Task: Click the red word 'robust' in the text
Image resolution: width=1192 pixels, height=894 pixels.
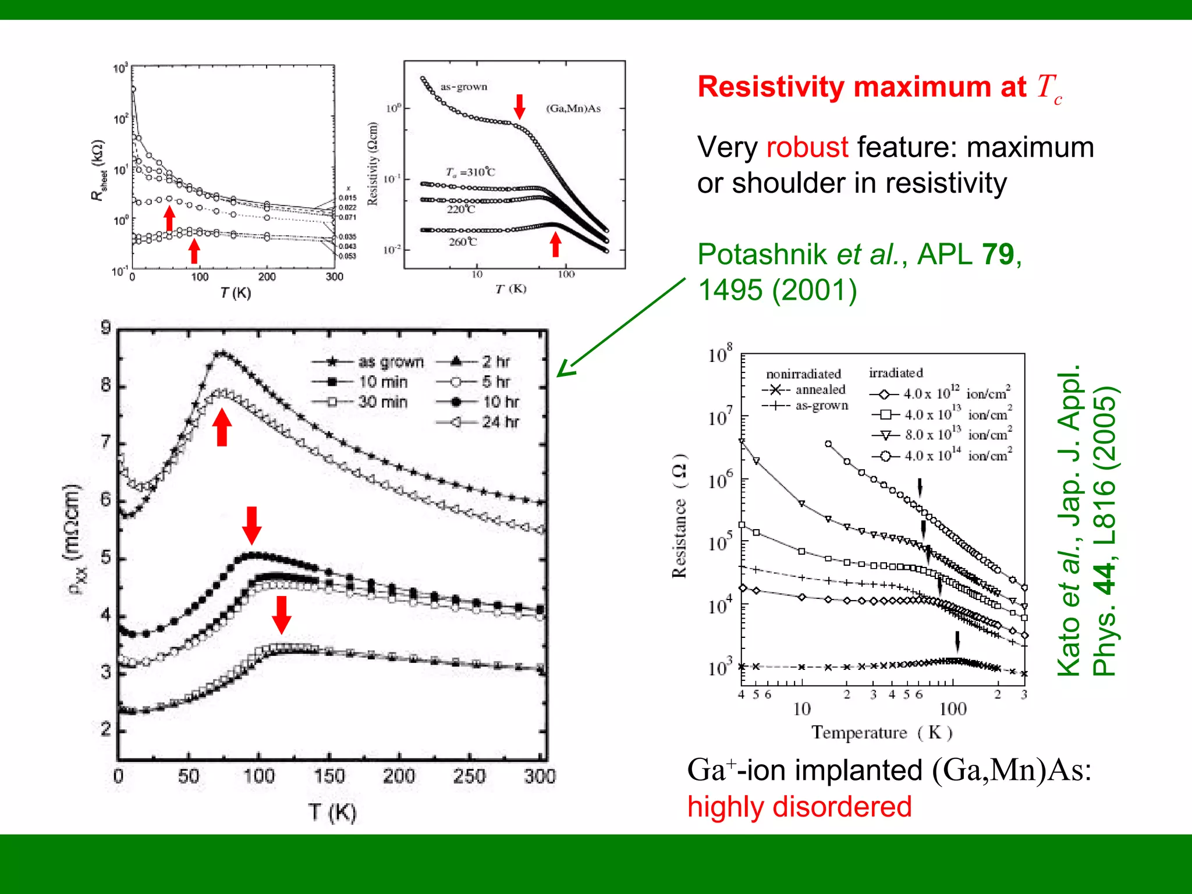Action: coord(807,147)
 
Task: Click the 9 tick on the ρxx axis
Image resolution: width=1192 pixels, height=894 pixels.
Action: coord(106,328)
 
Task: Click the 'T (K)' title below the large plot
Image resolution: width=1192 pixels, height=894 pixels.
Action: coord(332,812)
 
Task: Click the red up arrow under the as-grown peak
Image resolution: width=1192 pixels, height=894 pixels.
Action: coord(222,427)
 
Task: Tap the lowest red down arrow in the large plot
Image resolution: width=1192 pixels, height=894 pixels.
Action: coord(282,615)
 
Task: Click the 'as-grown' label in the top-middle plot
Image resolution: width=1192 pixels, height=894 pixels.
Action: coord(463,87)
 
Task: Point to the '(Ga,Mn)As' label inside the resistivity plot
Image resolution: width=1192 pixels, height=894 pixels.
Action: coord(573,108)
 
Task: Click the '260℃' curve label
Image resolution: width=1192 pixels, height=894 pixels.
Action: coord(463,242)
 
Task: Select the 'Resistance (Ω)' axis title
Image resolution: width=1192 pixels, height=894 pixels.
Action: coord(679,515)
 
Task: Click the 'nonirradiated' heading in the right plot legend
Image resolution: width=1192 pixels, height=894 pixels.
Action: coord(803,374)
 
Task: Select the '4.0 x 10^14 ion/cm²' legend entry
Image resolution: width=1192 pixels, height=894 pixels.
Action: coord(958,456)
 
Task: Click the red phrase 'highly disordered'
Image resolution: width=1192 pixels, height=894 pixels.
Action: coord(799,807)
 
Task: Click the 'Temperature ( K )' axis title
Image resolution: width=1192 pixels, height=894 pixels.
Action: coord(882,732)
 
